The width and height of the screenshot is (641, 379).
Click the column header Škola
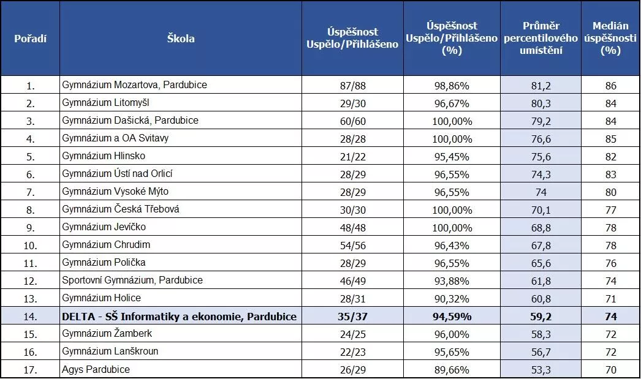tap(181, 39)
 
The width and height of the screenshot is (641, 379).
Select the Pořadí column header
tap(31, 39)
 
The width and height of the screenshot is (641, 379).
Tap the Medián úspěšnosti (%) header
tap(610, 39)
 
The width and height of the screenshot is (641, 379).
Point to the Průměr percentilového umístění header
tap(540, 39)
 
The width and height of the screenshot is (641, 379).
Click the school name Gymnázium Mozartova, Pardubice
tap(135, 85)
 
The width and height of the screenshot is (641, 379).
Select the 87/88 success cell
tap(352, 86)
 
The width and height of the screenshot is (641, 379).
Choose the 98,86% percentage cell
tap(452, 86)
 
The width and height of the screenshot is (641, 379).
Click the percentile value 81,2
tap(540, 86)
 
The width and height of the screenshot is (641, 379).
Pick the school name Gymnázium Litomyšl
tap(105, 103)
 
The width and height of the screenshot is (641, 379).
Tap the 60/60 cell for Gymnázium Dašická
tap(352, 121)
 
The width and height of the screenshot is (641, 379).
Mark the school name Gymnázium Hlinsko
tap(104, 156)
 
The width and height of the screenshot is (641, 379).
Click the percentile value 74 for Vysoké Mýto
tap(540, 192)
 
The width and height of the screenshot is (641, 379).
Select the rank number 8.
tap(31, 210)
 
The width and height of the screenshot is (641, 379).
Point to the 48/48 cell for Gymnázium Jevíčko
tap(352, 228)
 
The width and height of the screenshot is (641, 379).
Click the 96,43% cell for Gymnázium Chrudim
tap(452, 246)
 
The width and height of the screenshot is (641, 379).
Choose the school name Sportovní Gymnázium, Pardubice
tap(132, 280)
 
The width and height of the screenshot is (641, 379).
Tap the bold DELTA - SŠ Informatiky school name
tap(180, 317)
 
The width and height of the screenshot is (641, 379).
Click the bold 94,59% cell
tap(452, 317)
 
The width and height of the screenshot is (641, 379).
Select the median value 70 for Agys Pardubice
tap(610, 370)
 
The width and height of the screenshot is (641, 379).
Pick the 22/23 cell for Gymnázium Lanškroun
tap(352, 352)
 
